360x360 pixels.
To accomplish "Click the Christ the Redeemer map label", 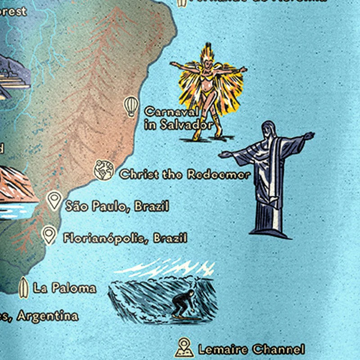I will tap(184, 175).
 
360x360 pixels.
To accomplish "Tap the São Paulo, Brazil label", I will tap(117, 207).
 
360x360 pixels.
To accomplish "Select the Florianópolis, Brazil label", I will tap(125, 238).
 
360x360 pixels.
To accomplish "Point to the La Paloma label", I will tap(65, 288).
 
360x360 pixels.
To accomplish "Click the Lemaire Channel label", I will tap(251, 349).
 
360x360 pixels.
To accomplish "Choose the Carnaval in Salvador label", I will tap(178, 118).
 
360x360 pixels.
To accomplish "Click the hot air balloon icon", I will tap(130, 107).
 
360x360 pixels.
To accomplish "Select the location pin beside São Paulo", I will tap(55, 200).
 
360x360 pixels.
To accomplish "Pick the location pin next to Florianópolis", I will tap(49, 234).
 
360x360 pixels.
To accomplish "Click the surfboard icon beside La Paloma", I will tap(24, 287).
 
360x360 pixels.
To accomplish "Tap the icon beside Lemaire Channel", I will tap(184, 347).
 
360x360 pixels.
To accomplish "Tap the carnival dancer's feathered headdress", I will tap(207, 53).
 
